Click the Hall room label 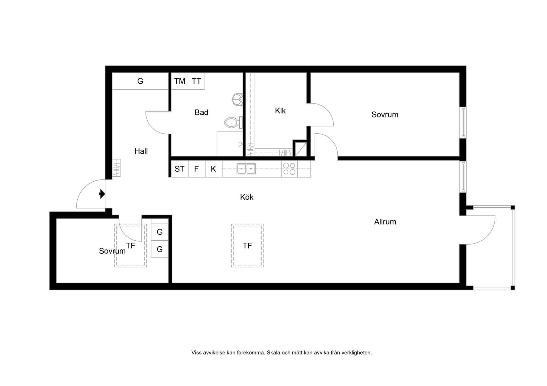[x=141, y=151]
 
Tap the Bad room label [x=201, y=112]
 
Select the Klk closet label [x=280, y=111]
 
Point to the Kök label [x=247, y=197]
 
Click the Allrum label [x=385, y=222]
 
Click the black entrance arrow [x=102, y=194]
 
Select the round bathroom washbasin [x=237, y=100]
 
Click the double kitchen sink [x=246, y=169]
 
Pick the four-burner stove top [x=289, y=169]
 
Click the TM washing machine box [x=179, y=81]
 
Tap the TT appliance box [x=196, y=81]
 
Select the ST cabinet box [x=179, y=169]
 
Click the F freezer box [x=197, y=169]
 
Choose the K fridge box [x=214, y=169]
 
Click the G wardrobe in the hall [x=140, y=81]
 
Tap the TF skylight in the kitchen [x=247, y=245]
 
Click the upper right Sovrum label [x=385, y=115]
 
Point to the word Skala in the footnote [x=273, y=353]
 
